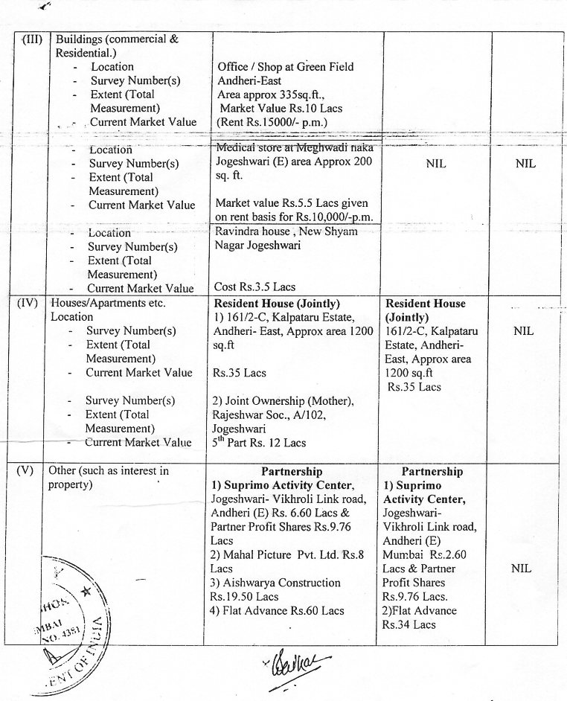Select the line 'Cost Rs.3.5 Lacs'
point(254,287)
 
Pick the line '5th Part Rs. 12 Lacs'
point(260,443)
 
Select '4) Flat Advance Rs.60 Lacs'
point(278,610)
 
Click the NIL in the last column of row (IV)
point(523,331)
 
